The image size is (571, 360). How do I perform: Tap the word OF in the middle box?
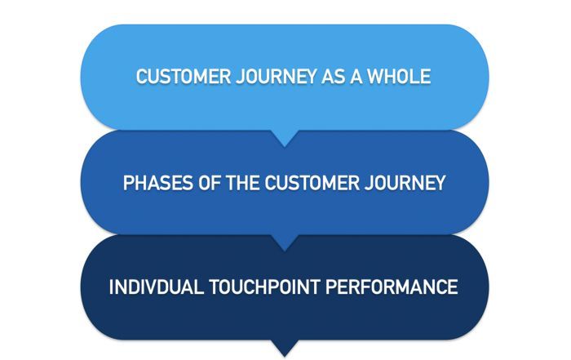pos(204,182)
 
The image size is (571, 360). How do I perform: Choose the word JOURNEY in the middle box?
pos(403,182)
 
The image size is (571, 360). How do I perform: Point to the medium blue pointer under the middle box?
pos(285,242)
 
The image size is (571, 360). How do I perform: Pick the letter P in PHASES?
pos(128,182)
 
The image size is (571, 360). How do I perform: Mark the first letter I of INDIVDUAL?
pos(112,287)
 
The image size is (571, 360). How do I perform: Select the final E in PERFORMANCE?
pos(453,287)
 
